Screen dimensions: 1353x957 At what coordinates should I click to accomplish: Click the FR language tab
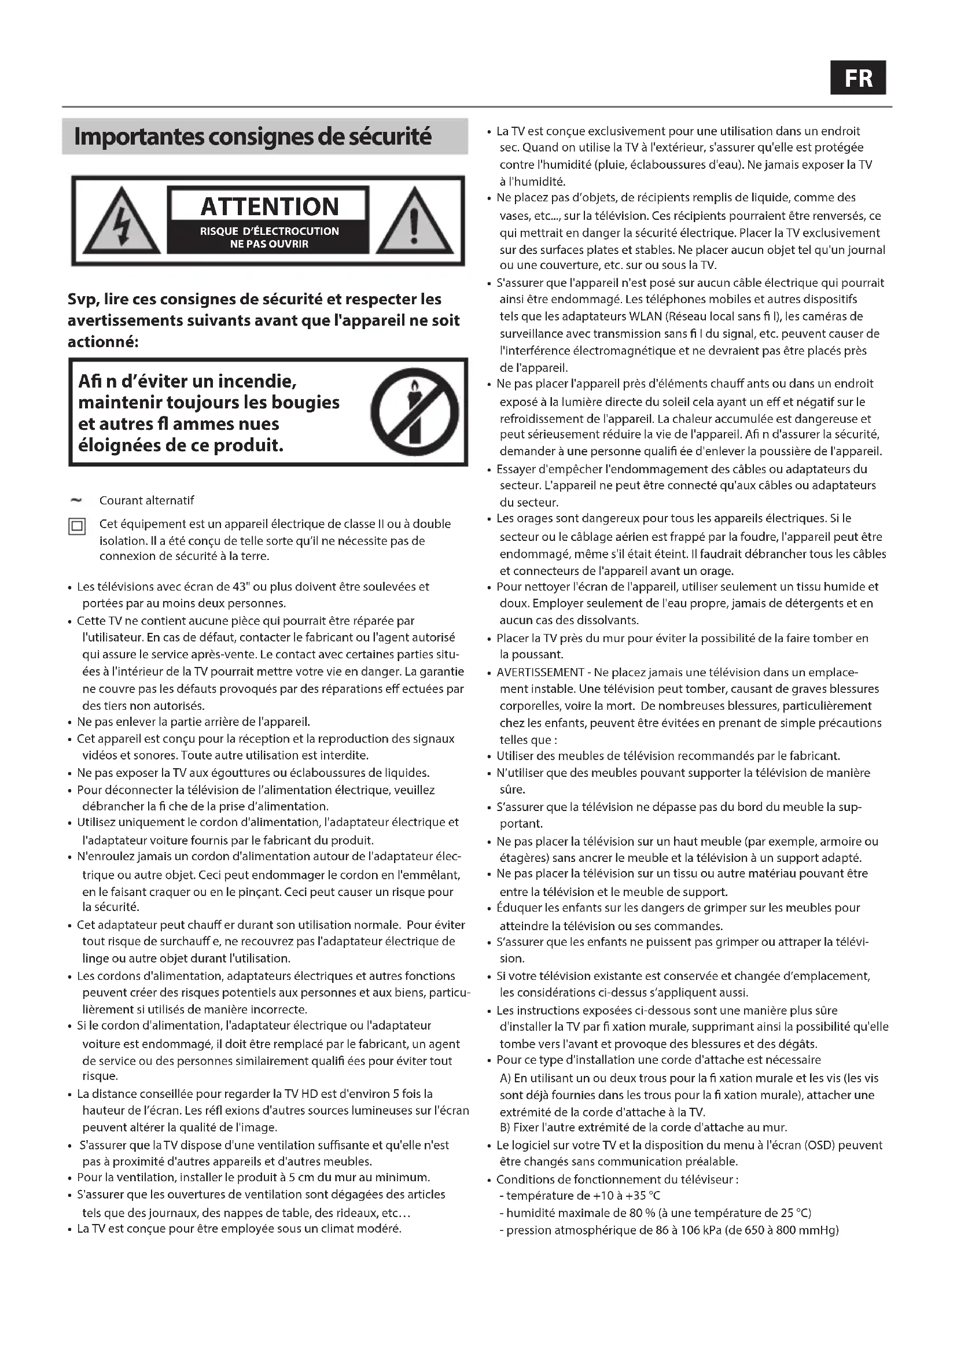click(857, 78)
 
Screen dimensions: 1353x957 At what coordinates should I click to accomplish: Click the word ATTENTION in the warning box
click(269, 207)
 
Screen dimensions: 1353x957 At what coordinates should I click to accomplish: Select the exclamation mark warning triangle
click(414, 222)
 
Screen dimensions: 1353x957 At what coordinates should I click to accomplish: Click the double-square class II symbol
click(77, 526)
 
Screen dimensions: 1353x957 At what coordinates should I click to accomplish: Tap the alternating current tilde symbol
click(76, 500)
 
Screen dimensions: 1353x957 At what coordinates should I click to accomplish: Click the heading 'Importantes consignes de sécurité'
click(253, 137)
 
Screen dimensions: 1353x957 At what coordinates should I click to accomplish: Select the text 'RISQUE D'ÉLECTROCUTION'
click(269, 231)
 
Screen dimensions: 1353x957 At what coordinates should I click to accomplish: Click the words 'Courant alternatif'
click(146, 500)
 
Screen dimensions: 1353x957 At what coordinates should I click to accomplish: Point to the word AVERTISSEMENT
click(540, 672)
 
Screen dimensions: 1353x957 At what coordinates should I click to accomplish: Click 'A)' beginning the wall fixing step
click(505, 1078)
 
